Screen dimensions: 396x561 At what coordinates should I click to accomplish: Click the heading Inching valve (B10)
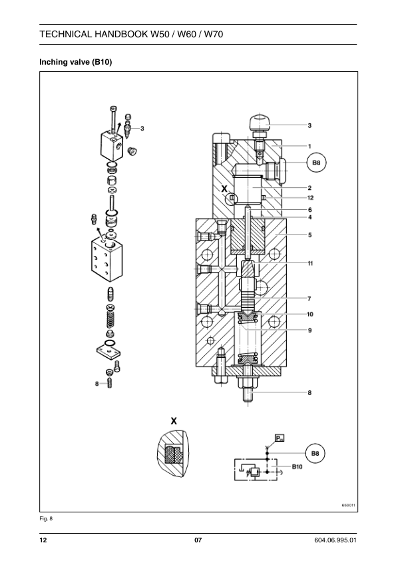pyautogui.click(x=75, y=62)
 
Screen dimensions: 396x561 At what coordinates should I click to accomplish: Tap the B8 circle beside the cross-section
pyautogui.click(x=317, y=163)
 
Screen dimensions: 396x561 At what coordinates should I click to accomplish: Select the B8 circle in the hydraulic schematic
pyautogui.click(x=315, y=453)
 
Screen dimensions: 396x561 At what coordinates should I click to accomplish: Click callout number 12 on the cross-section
pyautogui.click(x=310, y=197)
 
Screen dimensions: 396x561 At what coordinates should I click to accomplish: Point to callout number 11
pyautogui.click(x=310, y=263)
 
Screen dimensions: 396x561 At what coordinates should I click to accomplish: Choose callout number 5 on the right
pyautogui.click(x=310, y=235)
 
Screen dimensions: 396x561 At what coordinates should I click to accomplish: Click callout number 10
pyautogui.click(x=310, y=314)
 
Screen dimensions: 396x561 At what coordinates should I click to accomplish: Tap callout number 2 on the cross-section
pyautogui.click(x=309, y=188)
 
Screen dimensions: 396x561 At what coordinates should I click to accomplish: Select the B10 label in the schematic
pyautogui.click(x=297, y=466)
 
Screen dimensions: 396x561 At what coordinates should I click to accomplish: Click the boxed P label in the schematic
pyautogui.click(x=280, y=438)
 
